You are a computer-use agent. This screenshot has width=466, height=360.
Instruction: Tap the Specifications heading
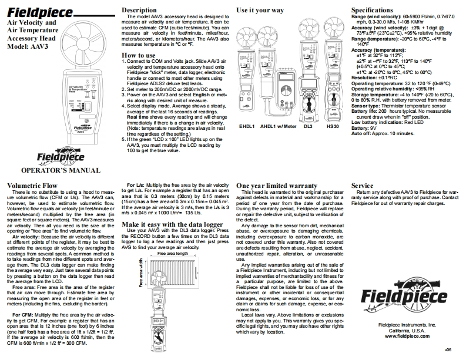(x=377, y=10)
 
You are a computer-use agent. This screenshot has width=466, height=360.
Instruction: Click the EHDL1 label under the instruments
(x=247, y=126)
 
